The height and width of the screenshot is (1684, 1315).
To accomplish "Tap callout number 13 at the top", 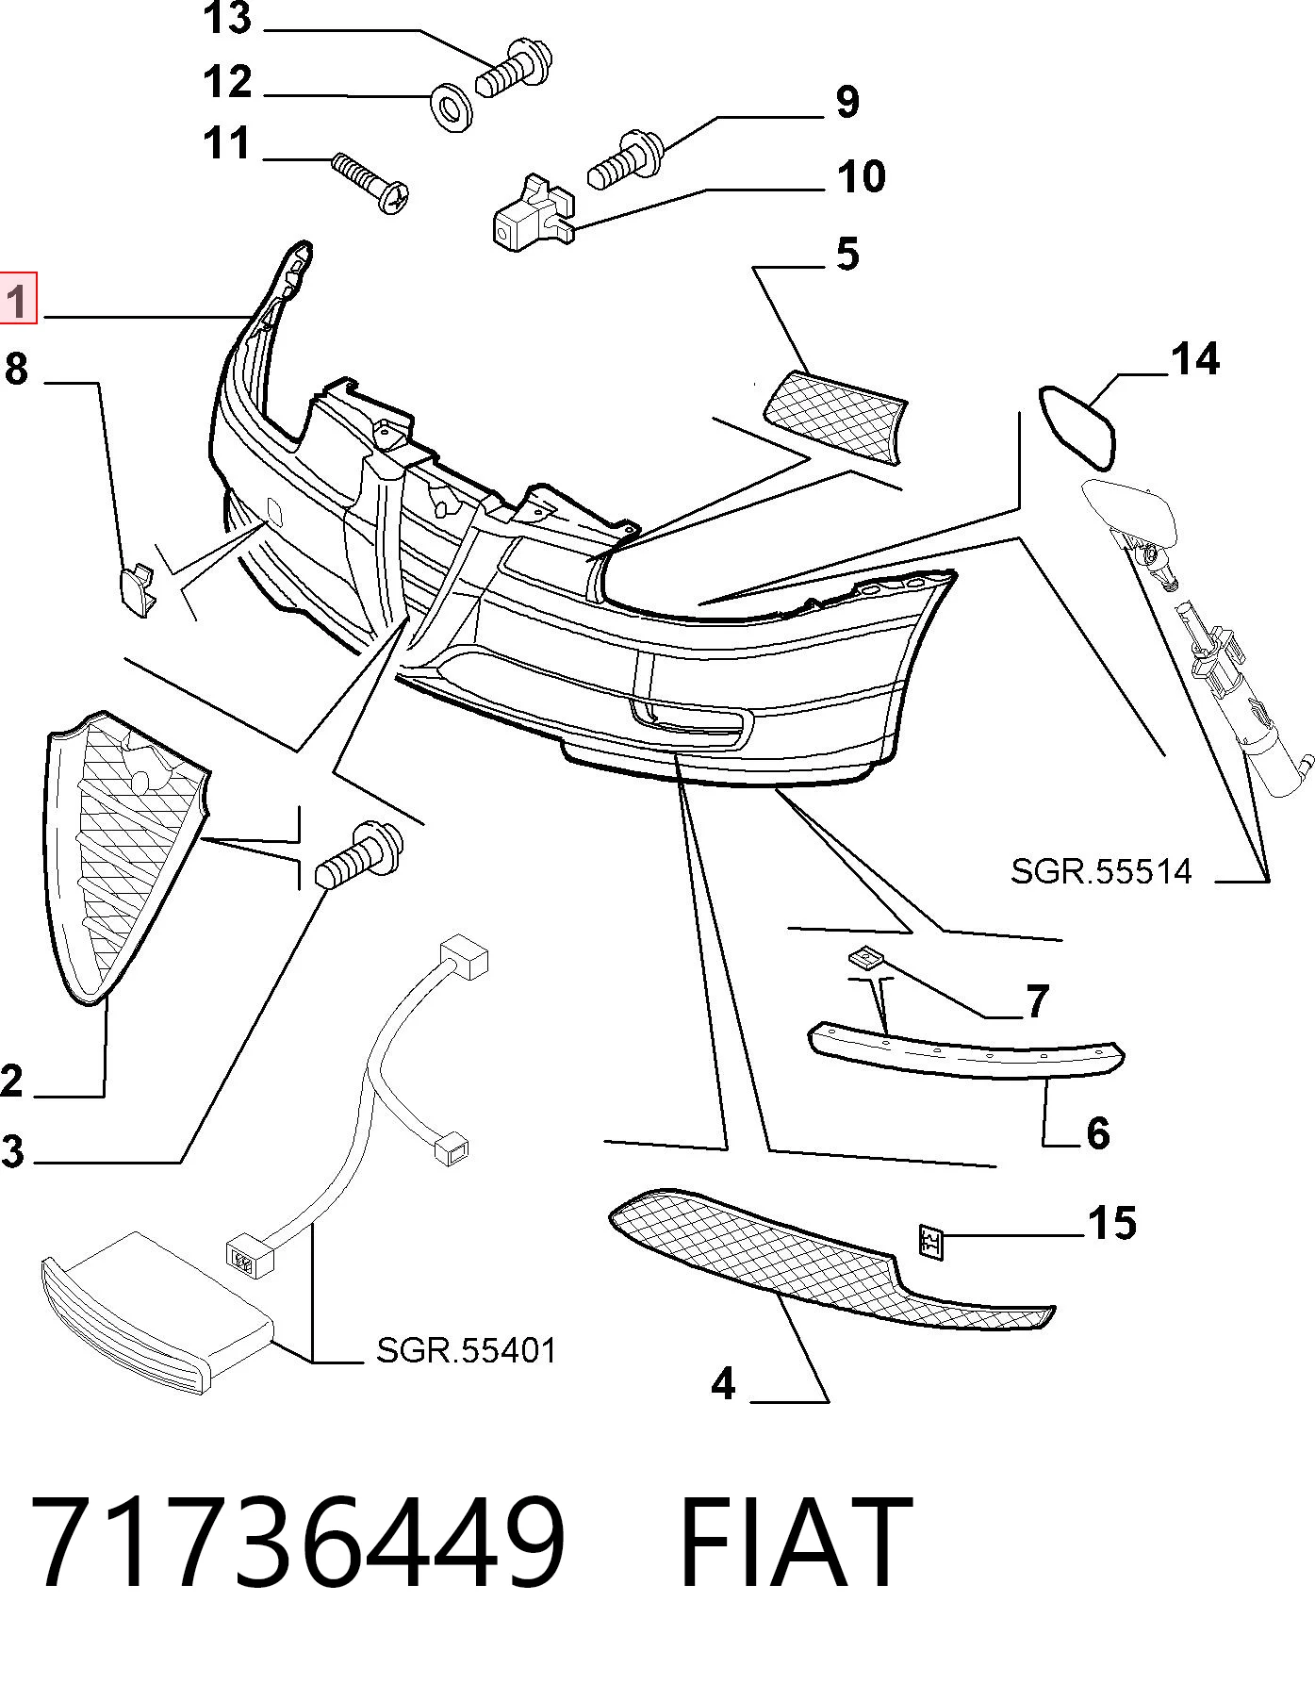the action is click(228, 19).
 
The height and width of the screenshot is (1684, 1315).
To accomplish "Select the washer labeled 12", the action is click(452, 107).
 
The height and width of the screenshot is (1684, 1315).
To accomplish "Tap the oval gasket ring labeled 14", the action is click(1077, 427).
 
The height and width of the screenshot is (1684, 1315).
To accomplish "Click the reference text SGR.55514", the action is click(1101, 871).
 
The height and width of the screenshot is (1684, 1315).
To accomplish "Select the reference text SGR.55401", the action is click(466, 1351).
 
